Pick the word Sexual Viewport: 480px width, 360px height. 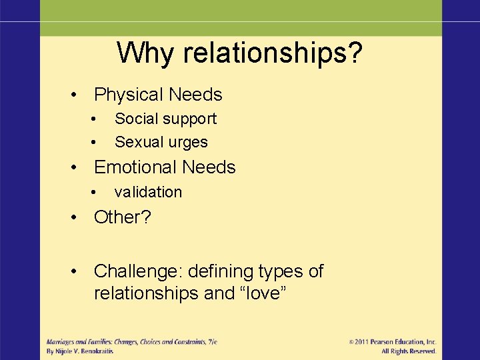(136, 142)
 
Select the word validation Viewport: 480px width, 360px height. (148, 192)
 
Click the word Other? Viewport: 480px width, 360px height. (121, 217)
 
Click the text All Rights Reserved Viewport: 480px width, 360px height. (409, 351)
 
